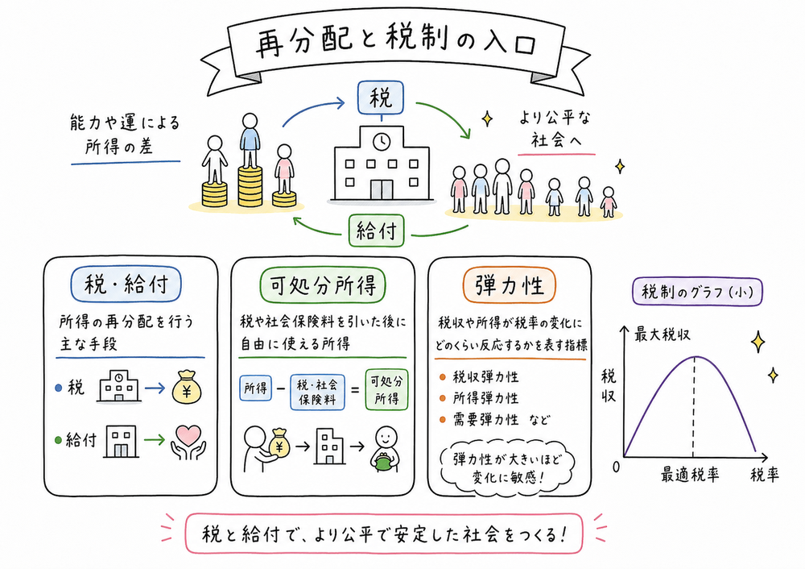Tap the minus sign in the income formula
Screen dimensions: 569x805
pos(279,391)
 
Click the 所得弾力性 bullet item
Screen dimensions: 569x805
pos(485,397)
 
